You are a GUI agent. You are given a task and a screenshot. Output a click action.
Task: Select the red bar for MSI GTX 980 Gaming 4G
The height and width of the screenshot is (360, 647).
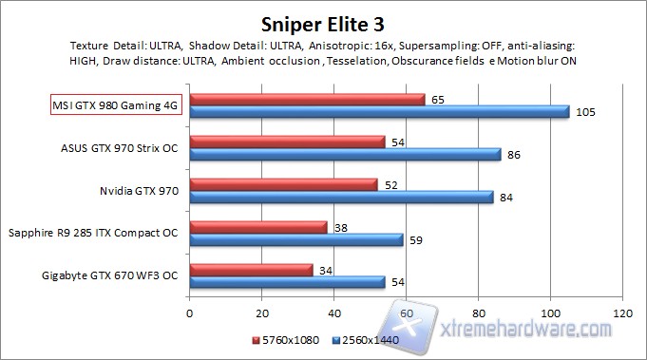307,99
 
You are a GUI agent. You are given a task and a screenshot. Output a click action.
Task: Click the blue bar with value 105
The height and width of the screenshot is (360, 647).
379,112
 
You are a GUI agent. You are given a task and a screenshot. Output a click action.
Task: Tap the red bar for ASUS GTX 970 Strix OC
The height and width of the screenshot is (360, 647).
287,142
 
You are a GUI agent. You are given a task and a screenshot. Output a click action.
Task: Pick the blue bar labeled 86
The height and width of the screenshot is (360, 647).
345,154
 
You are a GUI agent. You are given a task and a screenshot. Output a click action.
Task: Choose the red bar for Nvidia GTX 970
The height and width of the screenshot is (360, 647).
283,184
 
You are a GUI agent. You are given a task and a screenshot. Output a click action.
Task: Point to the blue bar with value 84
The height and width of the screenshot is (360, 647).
341,197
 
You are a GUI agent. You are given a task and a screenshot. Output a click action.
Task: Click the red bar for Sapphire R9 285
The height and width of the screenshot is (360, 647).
258,227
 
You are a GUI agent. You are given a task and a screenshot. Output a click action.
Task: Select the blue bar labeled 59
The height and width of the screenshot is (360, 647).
296,239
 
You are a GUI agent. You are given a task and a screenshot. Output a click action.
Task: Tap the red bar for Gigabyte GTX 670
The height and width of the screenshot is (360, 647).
251,270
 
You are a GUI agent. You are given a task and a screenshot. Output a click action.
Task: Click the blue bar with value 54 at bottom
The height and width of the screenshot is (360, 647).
287,282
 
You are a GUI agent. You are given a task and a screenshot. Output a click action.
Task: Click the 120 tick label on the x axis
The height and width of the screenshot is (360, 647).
622,312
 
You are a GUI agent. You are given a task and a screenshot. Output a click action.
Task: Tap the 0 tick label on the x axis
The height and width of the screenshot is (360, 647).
190,312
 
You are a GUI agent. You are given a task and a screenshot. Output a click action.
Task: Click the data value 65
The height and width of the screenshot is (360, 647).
436,99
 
